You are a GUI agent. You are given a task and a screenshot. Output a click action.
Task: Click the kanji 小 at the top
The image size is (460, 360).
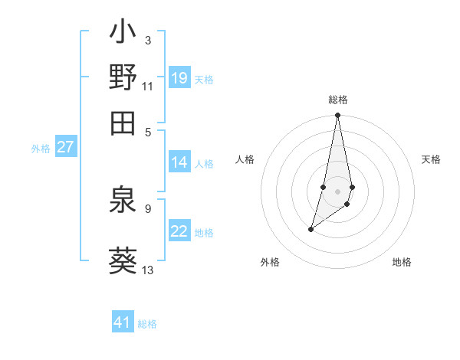tap(123, 34)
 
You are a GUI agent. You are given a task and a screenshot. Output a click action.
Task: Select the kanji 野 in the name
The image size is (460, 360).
tap(123, 77)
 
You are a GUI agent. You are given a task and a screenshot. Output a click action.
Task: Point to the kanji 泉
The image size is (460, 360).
tap(123, 201)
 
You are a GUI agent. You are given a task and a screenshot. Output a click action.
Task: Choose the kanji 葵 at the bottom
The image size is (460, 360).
tap(123, 259)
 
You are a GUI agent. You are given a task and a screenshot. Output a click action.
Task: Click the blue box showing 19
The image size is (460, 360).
tap(179, 78)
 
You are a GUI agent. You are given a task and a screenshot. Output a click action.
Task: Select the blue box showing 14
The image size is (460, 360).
tap(179, 162)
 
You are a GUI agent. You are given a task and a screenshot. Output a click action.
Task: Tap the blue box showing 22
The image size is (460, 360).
tap(179, 232)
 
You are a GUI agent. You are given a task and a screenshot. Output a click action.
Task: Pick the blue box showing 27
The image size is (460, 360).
tap(65, 147)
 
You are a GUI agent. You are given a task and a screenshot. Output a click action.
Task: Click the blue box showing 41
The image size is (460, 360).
tap(123, 322)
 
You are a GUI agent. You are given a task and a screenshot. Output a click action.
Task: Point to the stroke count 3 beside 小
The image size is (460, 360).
tap(147, 40)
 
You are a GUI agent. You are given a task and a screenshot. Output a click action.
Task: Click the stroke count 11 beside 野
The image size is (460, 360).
tap(148, 86)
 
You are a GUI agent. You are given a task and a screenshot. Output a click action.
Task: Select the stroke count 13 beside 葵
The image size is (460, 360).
tap(148, 270)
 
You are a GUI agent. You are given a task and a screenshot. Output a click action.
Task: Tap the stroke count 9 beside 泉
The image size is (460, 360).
tap(147, 208)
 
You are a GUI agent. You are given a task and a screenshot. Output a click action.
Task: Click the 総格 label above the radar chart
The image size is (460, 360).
tap(338, 100)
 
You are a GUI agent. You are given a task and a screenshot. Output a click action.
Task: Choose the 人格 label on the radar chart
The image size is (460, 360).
tap(245, 159)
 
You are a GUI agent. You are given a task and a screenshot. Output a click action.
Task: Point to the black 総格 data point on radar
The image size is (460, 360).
tap(337, 116)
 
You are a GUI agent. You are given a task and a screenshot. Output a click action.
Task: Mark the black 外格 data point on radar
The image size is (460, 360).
tap(311, 228)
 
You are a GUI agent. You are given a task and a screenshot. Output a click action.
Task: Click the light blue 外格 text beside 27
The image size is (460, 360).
tap(41, 149)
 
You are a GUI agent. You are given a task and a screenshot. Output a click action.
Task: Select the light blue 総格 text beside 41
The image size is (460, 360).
tap(147, 324)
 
